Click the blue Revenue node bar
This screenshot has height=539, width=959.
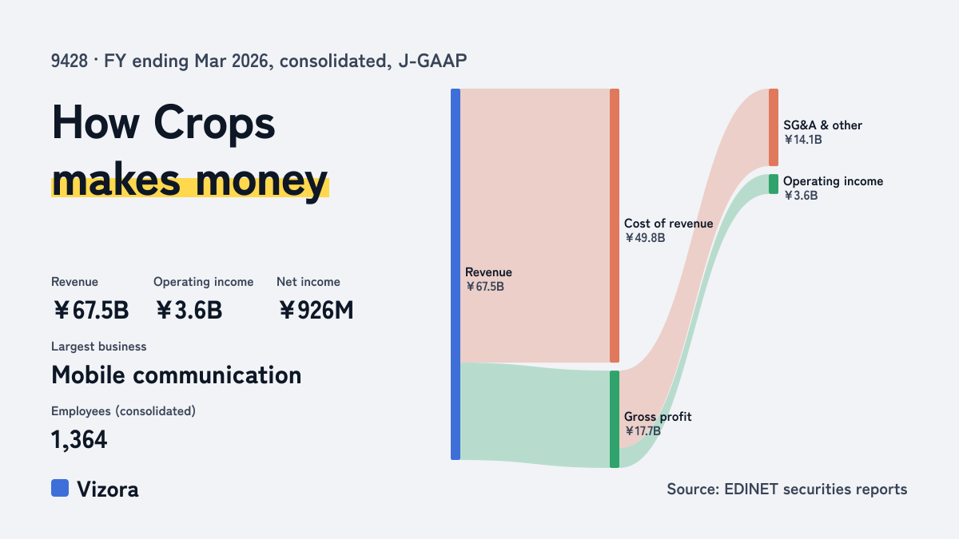pyautogui.click(x=456, y=274)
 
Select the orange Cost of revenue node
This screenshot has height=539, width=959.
pyautogui.click(x=615, y=225)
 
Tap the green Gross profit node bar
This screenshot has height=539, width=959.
pyautogui.click(x=615, y=419)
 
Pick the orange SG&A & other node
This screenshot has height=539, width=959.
pyautogui.click(x=774, y=128)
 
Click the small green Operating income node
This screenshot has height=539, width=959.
pyautogui.click(x=774, y=184)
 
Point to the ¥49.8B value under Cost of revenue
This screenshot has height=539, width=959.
pyautogui.click(x=645, y=238)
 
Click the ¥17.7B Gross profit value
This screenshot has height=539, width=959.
pyautogui.click(x=643, y=431)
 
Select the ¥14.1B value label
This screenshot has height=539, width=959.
pyautogui.click(x=802, y=140)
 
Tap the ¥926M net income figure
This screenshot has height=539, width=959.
pyautogui.click(x=316, y=310)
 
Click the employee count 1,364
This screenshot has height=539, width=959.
pyautogui.click(x=79, y=440)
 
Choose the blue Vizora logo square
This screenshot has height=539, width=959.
pyautogui.click(x=60, y=488)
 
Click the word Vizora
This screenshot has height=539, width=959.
pyautogui.click(x=108, y=489)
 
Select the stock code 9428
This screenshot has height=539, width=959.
pyautogui.click(x=70, y=61)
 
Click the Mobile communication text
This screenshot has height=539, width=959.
pyautogui.click(x=177, y=375)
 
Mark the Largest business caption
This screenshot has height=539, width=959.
pyautogui.click(x=99, y=347)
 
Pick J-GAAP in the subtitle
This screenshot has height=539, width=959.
pyautogui.click(x=432, y=61)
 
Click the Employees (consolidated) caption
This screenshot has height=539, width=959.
pyautogui.click(x=123, y=411)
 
